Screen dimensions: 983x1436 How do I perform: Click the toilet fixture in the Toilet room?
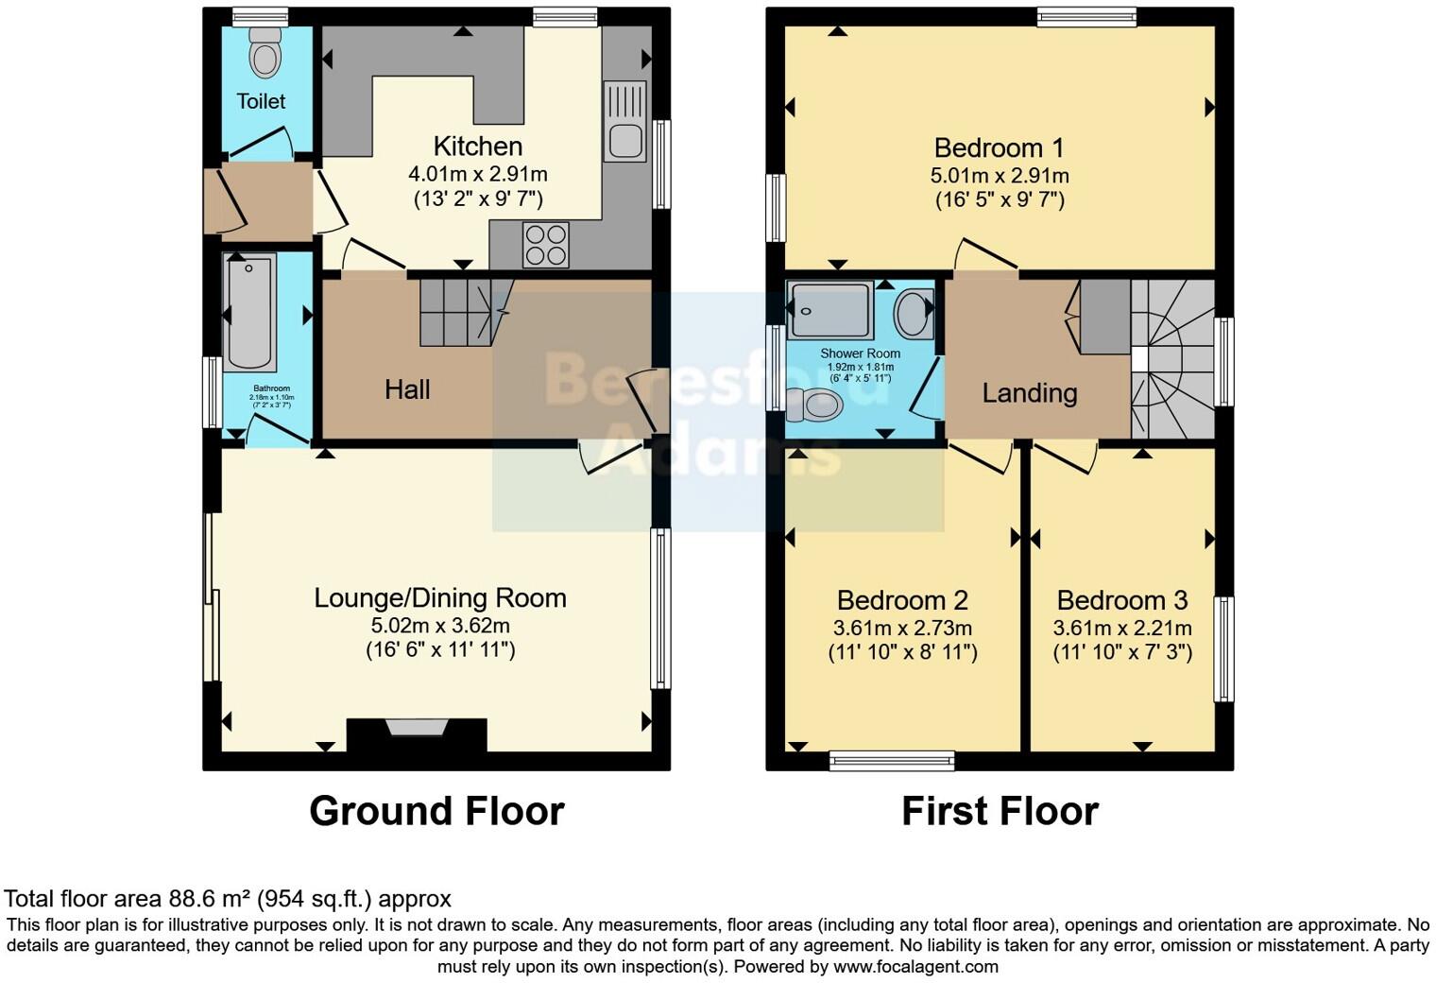click(265, 55)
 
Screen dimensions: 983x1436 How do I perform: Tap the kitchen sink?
click(624, 122)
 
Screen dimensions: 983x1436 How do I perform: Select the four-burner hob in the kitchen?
click(546, 244)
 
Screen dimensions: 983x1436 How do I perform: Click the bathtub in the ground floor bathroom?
click(250, 313)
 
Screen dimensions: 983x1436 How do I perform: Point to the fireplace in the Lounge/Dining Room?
click(416, 733)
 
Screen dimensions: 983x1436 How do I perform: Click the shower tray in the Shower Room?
click(830, 310)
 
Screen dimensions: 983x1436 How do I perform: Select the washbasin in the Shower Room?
click(913, 314)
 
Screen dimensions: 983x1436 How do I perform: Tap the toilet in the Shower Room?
click(814, 405)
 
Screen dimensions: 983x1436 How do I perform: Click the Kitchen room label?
click(477, 147)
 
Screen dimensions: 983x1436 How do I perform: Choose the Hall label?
click(407, 389)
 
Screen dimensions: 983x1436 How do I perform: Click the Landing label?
click(1029, 393)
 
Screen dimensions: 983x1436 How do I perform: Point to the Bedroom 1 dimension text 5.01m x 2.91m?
click(1000, 176)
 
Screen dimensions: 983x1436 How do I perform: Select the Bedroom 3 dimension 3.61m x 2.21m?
click(1122, 628)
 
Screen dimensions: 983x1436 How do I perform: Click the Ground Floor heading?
click(436, 811)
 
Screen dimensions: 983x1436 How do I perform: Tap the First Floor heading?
click(1000, 811)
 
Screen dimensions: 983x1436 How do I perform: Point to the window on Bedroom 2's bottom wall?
click(892, 760)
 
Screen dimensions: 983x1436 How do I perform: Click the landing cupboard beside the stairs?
click(1104, 317)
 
